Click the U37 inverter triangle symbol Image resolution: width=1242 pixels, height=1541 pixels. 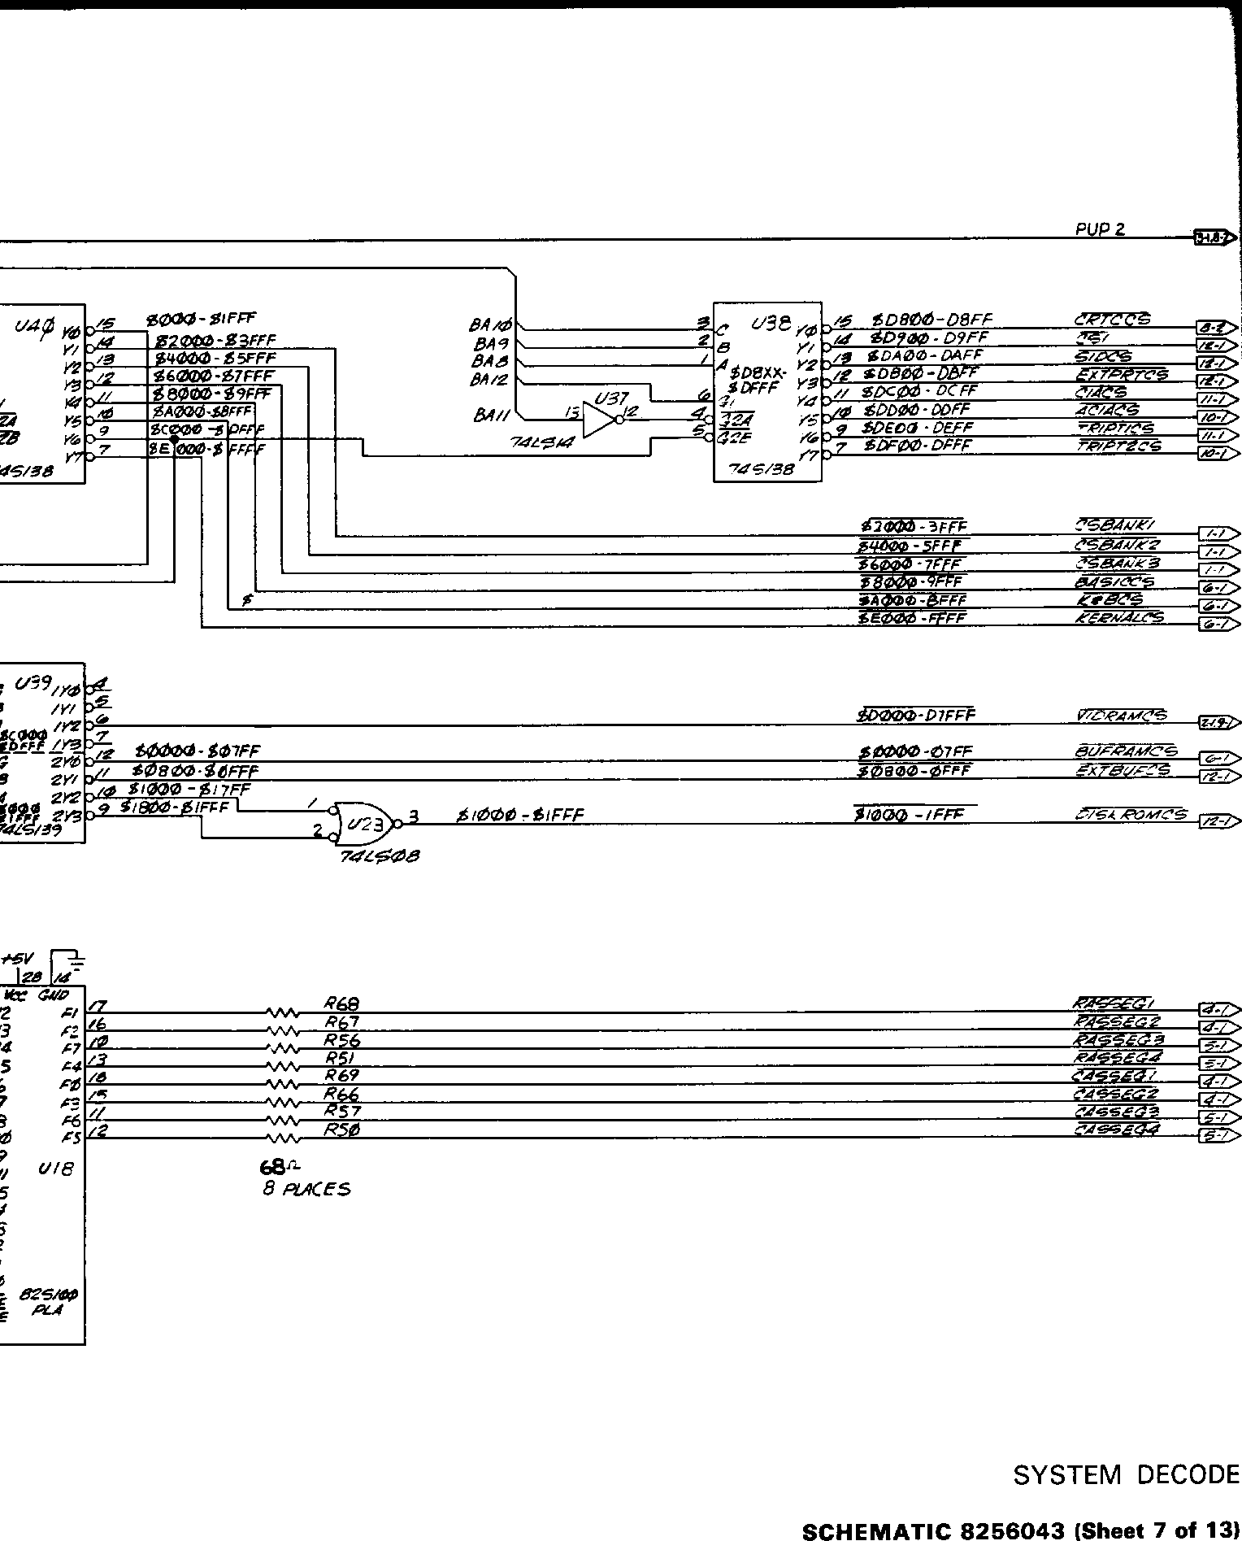[x=599, y=420]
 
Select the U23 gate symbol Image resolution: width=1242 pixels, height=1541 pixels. [x=364, y=824]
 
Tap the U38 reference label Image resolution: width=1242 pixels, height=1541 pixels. [x=770, y=324]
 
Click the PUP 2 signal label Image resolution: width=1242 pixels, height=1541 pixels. [x=1100, y=229]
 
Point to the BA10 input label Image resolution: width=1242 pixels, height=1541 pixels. [x=490, y=326]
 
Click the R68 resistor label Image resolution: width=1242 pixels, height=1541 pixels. [x=341, y=1005]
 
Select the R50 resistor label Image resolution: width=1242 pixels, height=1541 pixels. [x=341, y=1130]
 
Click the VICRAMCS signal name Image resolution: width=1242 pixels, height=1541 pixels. [x=1119, y=716]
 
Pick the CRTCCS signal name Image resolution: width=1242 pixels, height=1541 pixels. [x=1111, y=320]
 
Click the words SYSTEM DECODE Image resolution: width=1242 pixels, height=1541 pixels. [x=1127, y=1475]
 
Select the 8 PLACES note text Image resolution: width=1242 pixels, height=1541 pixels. [x=306, y=1189]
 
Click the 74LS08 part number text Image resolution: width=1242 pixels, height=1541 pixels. [x=380, y=856]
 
